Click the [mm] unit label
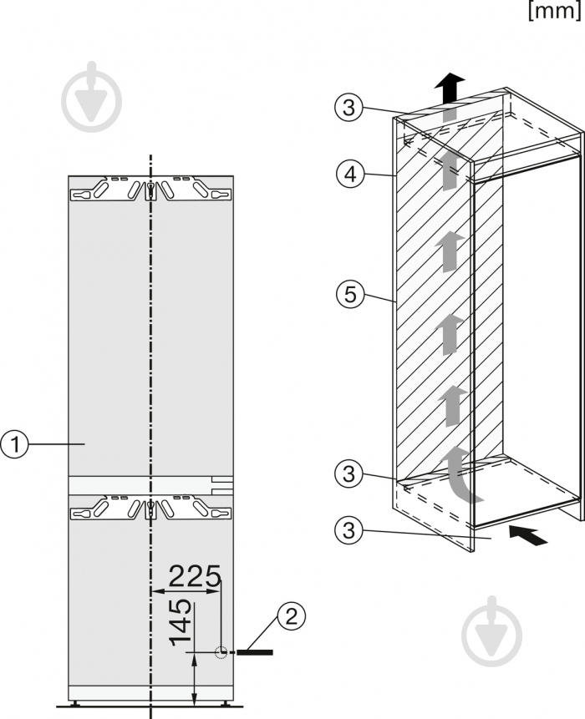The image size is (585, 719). click(x=555, y=10)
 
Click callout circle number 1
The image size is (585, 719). click(x=14, y=444)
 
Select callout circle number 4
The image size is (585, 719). click(x=350, y=175)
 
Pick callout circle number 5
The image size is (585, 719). click(x=350, y=294)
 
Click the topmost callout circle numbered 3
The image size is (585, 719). click(x=349, y=107)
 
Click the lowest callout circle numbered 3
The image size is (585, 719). click(x=349, y=530)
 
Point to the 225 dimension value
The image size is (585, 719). click(x=195, y=576)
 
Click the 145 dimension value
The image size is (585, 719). click(x=181, y=622)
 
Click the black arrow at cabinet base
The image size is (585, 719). click(x=528, y=535)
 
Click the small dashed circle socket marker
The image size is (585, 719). click(x=221, y=652)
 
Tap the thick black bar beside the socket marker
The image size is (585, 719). click(x=255, y=652)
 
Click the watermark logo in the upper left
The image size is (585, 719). click(x=92, y=97)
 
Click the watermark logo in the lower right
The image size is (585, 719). click(x=492, y=632)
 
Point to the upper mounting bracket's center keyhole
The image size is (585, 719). click(x=150, y=190)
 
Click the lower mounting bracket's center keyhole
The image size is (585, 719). click(x=150, y=509)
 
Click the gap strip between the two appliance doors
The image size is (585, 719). click(x=150, y=485)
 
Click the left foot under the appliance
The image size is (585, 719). click(x=74, y=702)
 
